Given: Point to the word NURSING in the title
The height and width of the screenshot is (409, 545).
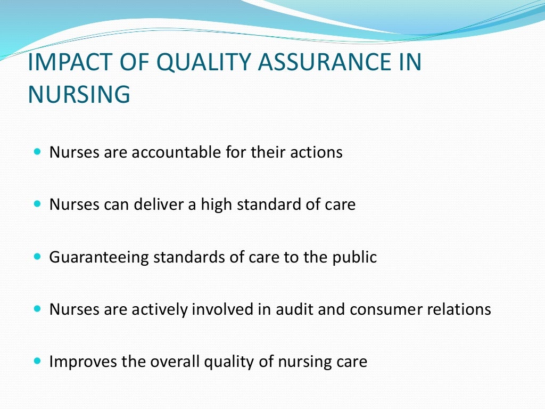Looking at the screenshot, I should click(79, 94).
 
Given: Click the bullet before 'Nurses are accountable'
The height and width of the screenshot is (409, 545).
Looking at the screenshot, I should click(37, 152).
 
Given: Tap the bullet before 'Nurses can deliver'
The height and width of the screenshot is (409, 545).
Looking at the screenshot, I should click(37, 204).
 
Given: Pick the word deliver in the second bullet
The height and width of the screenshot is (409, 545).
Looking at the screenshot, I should click(161, 204).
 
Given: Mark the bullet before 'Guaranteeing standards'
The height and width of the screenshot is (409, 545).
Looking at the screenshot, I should click(37, 257).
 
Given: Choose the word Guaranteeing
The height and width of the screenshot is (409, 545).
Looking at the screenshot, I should click(99, 258).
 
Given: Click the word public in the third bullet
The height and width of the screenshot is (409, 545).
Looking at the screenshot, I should click(358, 258).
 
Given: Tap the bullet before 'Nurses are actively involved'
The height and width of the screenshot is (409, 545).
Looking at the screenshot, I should click(37, 308).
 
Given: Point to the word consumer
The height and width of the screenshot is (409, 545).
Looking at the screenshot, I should click(382, 309).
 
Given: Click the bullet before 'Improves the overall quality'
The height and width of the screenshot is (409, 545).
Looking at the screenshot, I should click(37, 361).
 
